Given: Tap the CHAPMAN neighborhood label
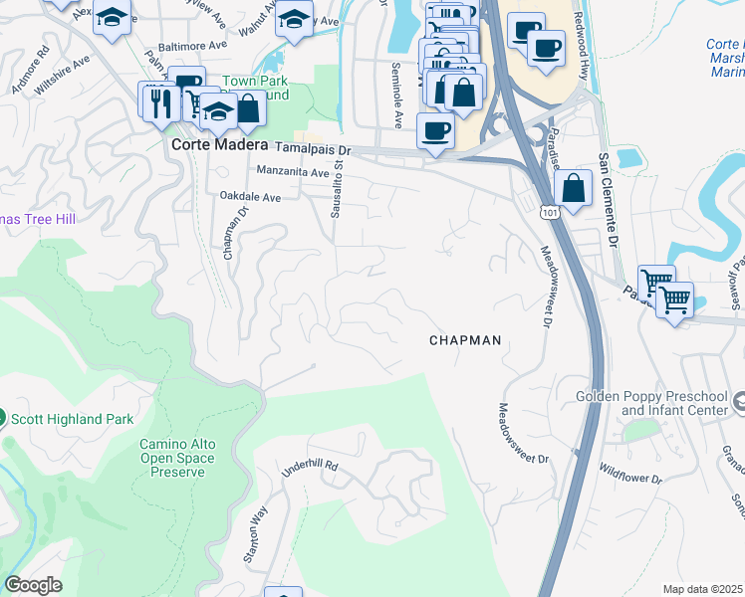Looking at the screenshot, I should (464, 340).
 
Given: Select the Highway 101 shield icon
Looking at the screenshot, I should (550, 211).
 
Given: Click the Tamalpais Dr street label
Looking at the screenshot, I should (313, 149).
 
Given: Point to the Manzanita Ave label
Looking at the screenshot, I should (292, 172).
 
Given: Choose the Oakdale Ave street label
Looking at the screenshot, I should (250, 198).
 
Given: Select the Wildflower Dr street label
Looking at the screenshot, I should (629, 472).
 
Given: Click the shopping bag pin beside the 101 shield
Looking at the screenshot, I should (574, 186).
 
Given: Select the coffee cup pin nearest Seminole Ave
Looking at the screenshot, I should (434, 131).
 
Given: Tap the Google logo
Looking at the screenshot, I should (33, 585).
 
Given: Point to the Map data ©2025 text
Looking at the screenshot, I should (703, 589).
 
